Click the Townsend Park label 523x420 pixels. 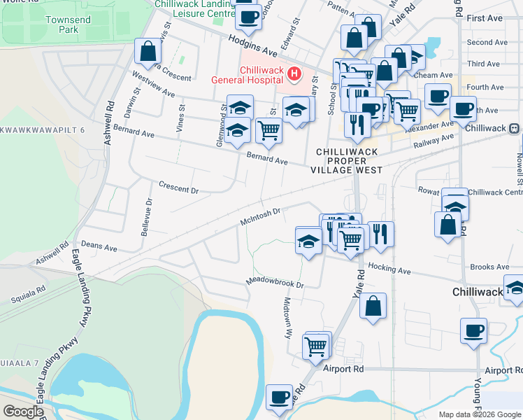(68, 24)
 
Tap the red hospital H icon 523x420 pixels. (294, 73)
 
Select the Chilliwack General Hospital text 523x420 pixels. (249, 75)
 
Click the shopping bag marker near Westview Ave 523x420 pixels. (148, 51)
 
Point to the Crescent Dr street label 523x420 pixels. (179, 190)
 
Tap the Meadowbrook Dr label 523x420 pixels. (275, 283)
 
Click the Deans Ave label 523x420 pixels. (99, 246)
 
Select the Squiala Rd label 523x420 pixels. (28, 294)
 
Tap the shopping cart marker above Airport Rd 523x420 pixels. (316, 346)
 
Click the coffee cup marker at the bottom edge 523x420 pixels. (280, 398)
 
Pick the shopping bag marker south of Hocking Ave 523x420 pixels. (374, 306)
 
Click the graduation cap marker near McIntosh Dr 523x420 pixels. (308, 241)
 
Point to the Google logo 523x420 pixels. (24, 412)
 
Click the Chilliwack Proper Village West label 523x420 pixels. (349, 161)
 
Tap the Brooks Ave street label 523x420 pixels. (489, 267)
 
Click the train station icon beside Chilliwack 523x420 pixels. (514, 129)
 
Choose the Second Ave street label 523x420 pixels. (487, 43)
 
